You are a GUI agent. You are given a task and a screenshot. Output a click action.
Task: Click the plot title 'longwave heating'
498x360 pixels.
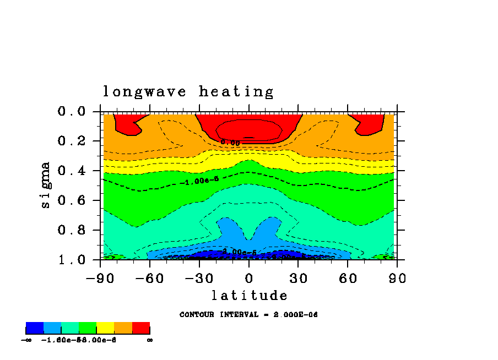point(188,92)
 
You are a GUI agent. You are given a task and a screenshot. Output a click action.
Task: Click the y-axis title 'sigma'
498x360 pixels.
point(46,184)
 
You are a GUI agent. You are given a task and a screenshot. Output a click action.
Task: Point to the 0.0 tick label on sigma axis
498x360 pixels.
point(72,111)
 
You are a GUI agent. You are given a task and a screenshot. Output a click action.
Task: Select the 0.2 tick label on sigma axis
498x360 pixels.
point(72,141)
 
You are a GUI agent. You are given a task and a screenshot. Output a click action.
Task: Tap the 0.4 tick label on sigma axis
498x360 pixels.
point(72,171)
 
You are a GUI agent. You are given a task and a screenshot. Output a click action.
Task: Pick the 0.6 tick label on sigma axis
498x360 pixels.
point(72,200)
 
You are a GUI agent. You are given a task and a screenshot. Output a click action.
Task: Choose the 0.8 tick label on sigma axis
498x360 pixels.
point(72,230)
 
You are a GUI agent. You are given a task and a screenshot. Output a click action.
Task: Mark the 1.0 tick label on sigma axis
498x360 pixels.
point(72,260)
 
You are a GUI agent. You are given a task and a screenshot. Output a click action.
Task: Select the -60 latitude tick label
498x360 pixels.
point(150,278)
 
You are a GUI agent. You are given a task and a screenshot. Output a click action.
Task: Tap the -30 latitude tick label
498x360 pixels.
point(199,278)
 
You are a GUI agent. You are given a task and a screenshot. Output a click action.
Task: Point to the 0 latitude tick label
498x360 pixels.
point(249,278)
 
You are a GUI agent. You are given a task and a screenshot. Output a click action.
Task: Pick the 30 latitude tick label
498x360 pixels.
point(299,278)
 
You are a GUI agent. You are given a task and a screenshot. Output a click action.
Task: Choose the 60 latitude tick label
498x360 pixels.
point(348,278)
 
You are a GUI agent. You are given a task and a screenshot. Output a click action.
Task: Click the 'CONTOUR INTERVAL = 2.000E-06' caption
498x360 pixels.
point(249,315)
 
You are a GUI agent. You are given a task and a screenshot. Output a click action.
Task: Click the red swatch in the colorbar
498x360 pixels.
point(141,329)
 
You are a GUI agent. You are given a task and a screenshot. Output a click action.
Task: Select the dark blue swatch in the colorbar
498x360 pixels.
point(35,329)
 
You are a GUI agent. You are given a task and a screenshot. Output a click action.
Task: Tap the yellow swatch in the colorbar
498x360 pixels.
point(105,329)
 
